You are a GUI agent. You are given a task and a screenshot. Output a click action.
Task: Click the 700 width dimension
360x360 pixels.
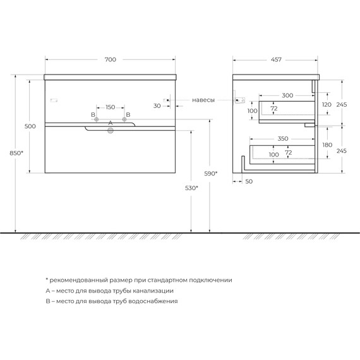tap(111, 60)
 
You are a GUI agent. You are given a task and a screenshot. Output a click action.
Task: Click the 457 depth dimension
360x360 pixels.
tap(276, 60)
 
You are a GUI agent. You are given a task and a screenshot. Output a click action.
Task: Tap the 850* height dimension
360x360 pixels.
tap(16, 153)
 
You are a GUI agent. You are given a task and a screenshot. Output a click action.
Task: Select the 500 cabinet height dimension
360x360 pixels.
tap(30, 126)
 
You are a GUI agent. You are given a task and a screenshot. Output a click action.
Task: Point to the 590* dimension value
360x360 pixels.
tap(211, 174)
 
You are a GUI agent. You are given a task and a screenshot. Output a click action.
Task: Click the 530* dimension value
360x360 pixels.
tap(191, 188)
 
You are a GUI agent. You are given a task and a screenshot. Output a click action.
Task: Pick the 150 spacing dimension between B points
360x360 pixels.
tap(110, 107)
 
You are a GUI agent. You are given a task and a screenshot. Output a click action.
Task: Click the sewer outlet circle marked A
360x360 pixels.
tap(111, 131)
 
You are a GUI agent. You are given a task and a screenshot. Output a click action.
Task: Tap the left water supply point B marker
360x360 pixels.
tap(97, 119)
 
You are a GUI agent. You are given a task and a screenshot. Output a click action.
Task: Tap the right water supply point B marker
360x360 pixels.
tap(124, 119)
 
